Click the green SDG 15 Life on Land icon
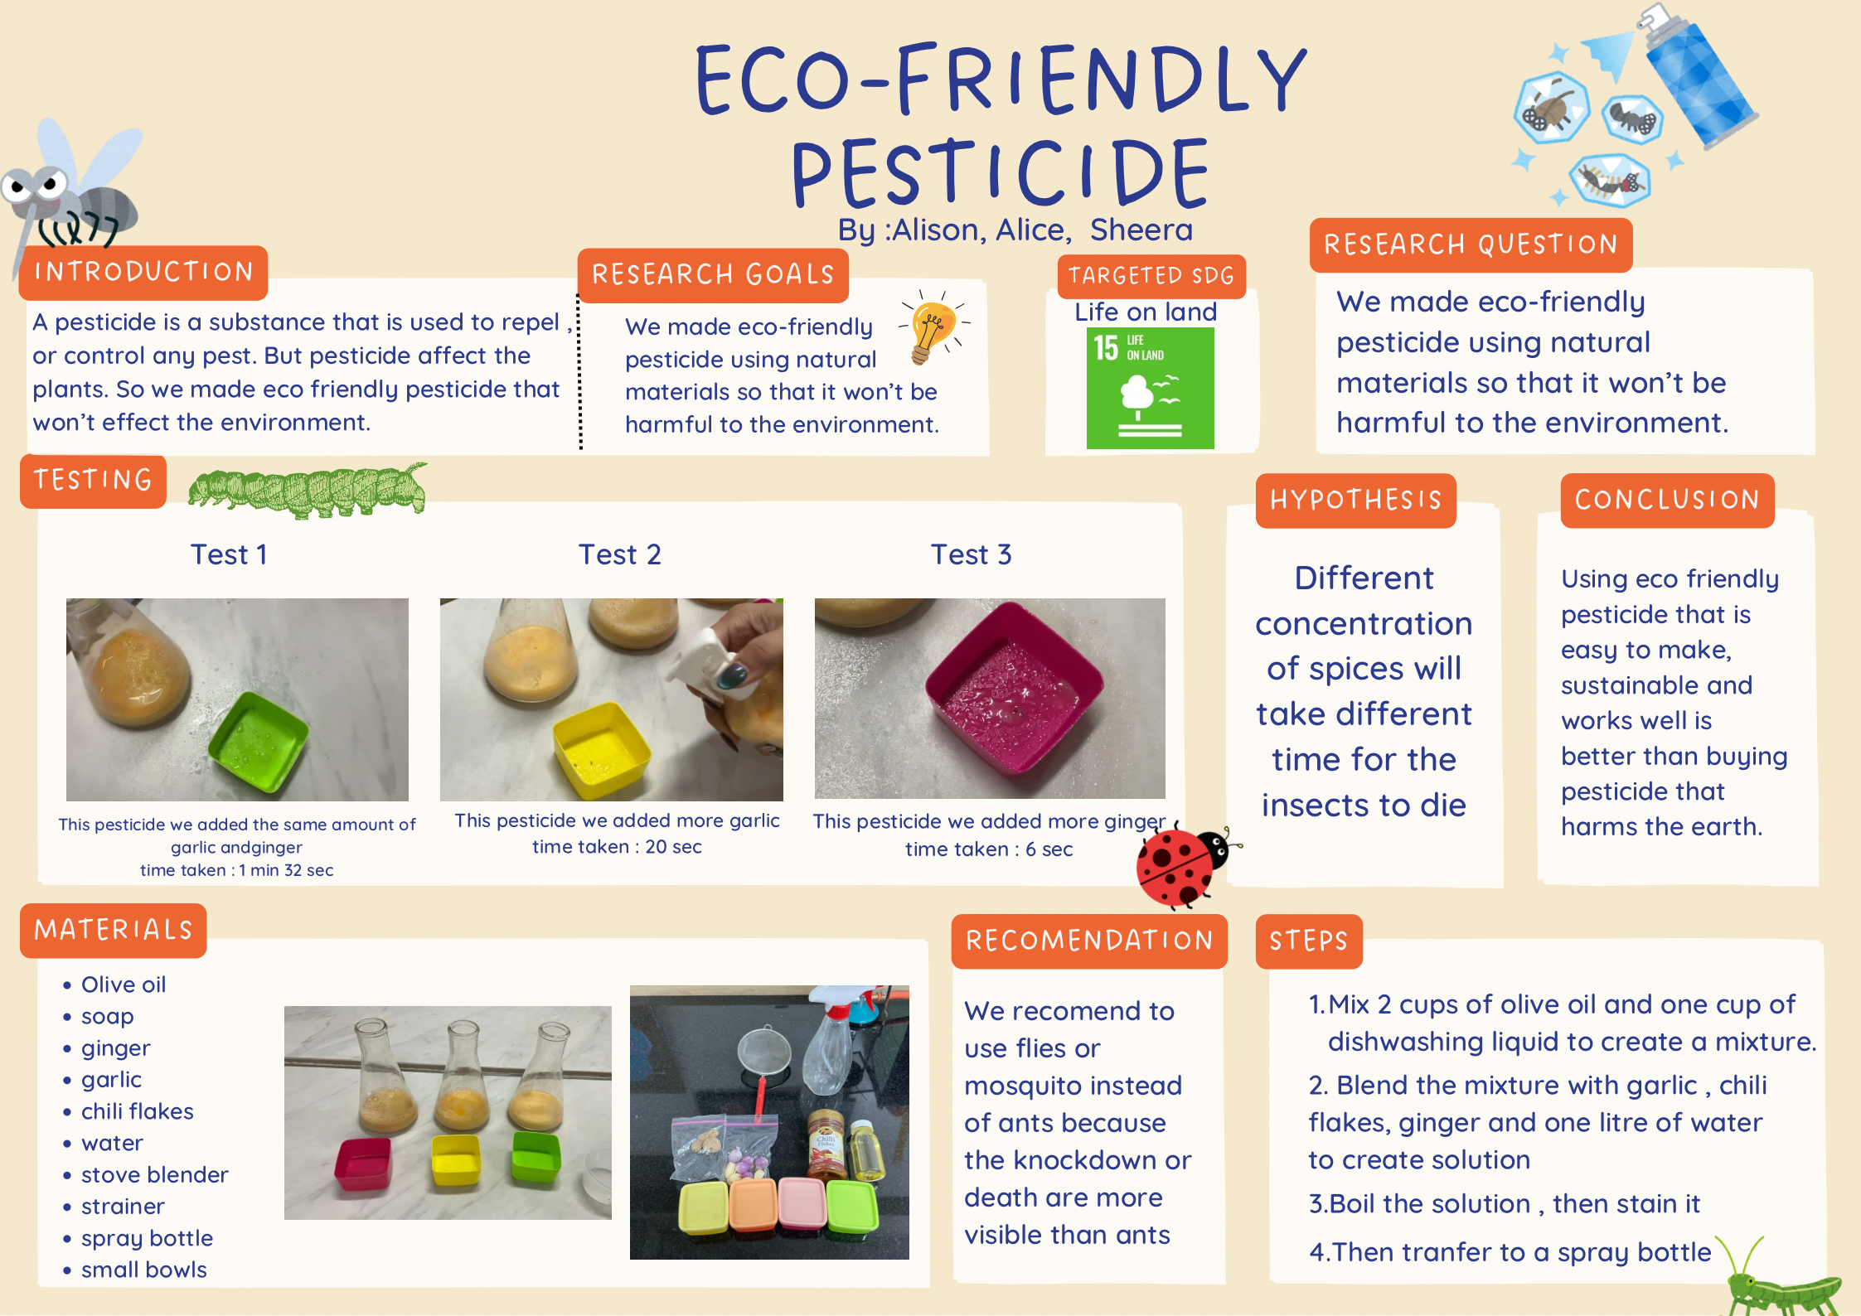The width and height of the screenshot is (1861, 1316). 1150,388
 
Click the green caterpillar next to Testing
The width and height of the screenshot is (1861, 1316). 308,490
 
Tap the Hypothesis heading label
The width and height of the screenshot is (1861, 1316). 1355,500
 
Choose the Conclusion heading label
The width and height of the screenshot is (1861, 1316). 1667,500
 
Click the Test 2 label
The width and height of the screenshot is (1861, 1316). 619,554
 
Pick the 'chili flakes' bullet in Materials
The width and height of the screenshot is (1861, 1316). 137,1111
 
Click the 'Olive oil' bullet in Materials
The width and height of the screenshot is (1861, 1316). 123,985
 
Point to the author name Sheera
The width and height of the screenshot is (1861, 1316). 1141,230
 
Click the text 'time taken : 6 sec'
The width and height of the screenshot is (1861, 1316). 988,849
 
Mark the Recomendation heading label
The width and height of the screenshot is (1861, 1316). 1089,941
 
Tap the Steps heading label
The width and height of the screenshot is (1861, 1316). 1309,941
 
